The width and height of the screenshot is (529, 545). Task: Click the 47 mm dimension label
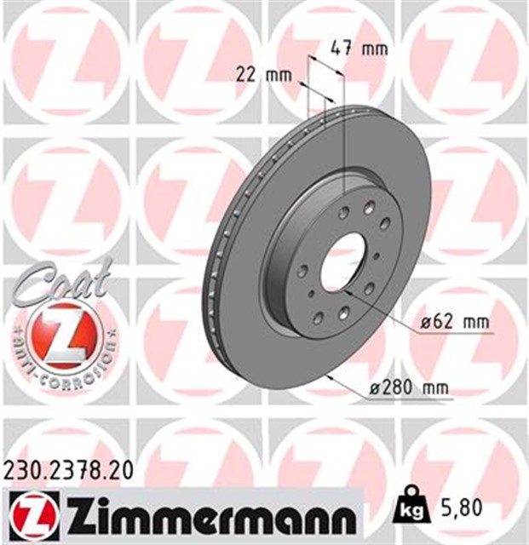click(358, 49)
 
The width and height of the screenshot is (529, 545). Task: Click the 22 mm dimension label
click(262, 75)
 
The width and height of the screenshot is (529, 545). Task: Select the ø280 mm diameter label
click(411, 389)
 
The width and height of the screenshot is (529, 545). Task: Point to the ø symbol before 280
click(377, 389)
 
